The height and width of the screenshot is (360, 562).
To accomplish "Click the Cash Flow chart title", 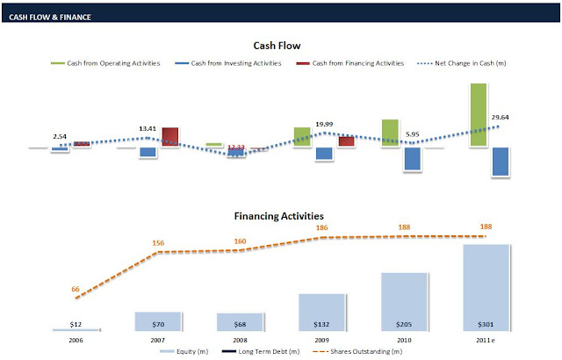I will pyautogui.click(x=277, y=46).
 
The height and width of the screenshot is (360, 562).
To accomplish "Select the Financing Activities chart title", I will pyautogui.click(x=278, y=215).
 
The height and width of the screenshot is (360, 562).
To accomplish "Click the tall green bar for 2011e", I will pyautogui.click(x=479, y=114).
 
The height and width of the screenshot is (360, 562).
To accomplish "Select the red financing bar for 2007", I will pyautogui.click(x=170, y=136).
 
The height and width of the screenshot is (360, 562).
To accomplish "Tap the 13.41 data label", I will pyautogui.click(x=148, y=129).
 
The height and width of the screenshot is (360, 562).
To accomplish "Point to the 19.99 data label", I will pyautogui.click(x=324, y=124).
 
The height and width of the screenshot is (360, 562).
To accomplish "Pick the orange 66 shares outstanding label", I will pyautogui.click(x=76, y=288).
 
